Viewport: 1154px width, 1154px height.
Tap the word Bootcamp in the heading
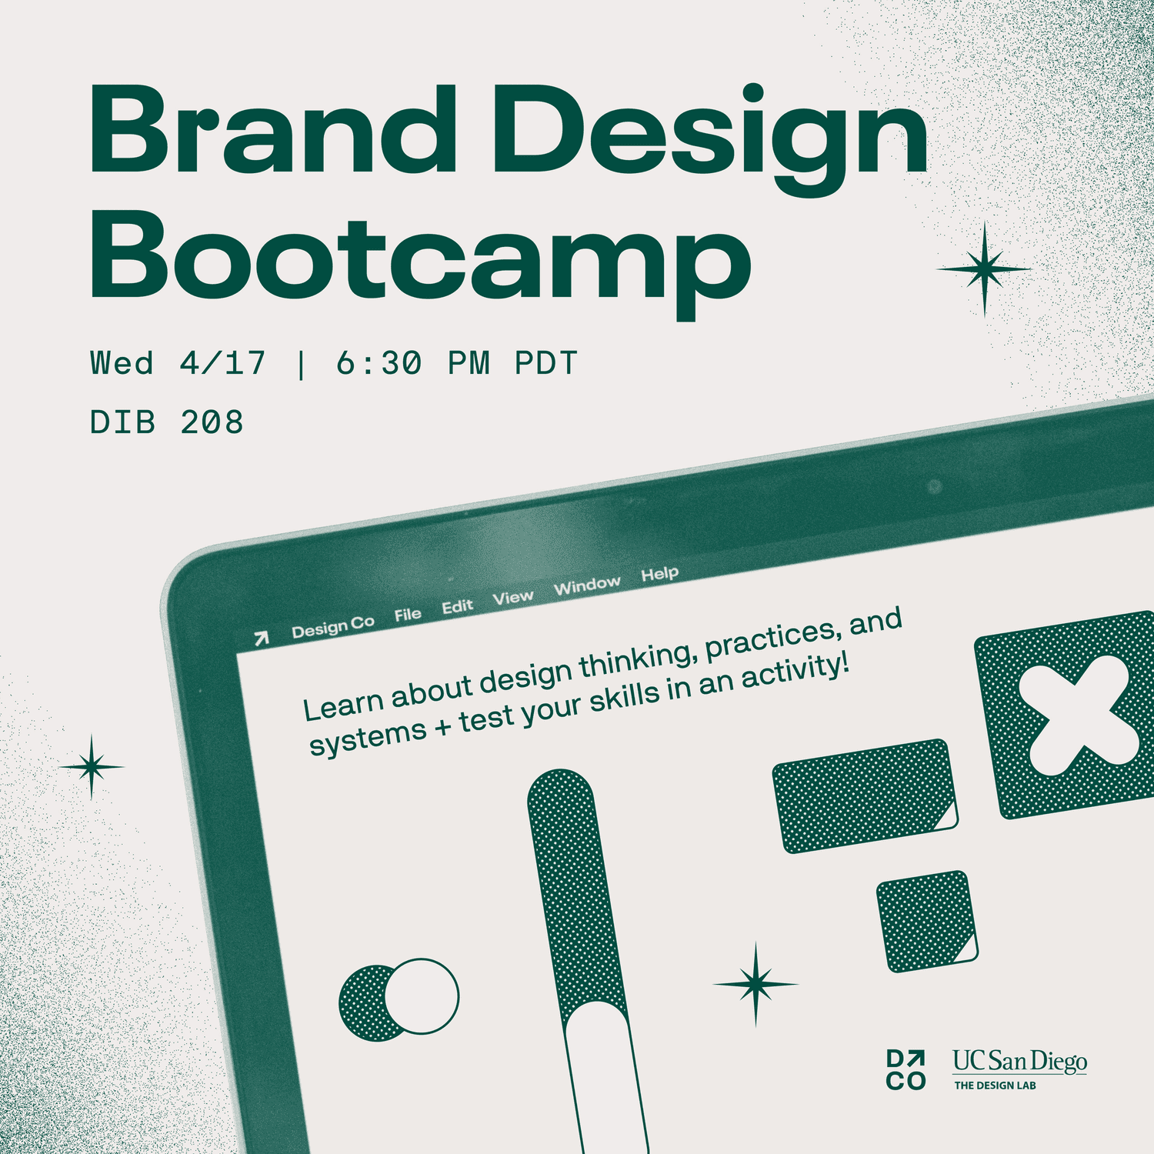tap(421, 262)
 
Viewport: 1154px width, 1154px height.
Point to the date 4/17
tap(223, 363)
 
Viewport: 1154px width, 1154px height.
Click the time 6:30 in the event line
tap(379, 363)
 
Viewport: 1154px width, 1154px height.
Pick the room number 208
tap(212, 422)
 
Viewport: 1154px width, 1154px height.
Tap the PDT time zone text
tap(546, 363)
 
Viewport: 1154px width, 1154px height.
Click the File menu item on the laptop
tap(408, 614)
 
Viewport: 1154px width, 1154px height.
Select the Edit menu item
tap(457, 606)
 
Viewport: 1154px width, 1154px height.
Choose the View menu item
tap(513, 597)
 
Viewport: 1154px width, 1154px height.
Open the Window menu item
tap(587, 586)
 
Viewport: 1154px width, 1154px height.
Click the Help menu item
tap(660, 574)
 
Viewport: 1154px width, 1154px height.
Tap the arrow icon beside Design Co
tap(262, 638)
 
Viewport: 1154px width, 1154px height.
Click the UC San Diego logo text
tap(1020, 1062)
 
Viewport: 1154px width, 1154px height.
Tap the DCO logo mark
tap(906, 1070)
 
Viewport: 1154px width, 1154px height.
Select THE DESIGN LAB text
tap(996, 1086)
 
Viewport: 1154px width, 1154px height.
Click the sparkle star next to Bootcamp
tap(984, 269)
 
